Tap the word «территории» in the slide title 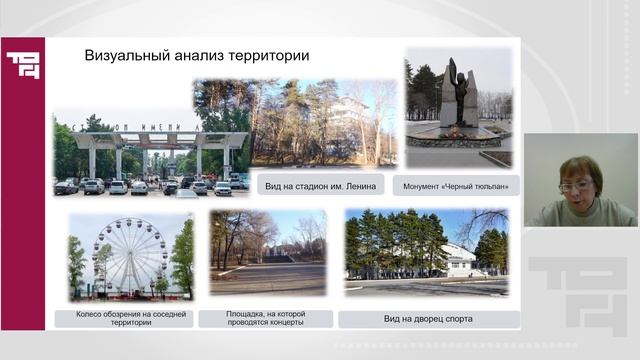[x=269, y=56]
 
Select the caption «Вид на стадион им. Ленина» [x=326, y=186]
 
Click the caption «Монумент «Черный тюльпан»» [x=456, y=186]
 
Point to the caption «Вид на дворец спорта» [x=428, y=319]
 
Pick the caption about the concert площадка [x=265, y=319]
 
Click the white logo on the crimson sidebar [x=22, y=65]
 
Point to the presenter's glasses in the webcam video [x=576, y=186]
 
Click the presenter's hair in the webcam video [x=581, y=166]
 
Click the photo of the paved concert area [x=267, y=278]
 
